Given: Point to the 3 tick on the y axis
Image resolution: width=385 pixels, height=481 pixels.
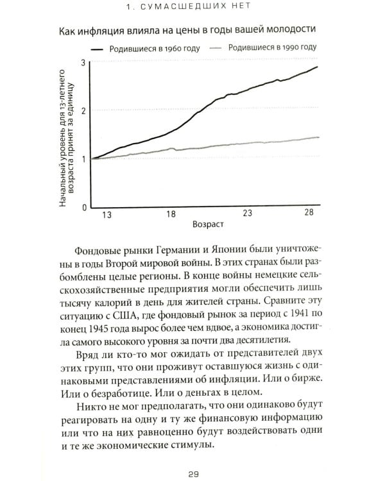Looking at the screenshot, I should tap(83, 62).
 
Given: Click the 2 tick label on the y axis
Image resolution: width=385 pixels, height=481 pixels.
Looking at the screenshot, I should tap(83, 110).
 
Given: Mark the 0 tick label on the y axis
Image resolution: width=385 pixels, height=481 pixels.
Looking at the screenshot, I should tap(83, 208).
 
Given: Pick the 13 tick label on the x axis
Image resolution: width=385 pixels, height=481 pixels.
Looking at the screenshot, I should tap(107, 215).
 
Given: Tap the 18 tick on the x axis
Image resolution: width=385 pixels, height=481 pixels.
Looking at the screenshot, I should tap(171, 215).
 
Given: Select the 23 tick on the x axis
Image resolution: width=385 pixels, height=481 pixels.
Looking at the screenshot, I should tap(246, 214).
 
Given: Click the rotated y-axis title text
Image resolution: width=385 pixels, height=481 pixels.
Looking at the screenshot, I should tap(68, 136).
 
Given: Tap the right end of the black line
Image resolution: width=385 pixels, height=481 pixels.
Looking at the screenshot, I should tap(318, 67).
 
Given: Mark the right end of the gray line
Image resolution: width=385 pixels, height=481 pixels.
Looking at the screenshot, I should tap(318, 137).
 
